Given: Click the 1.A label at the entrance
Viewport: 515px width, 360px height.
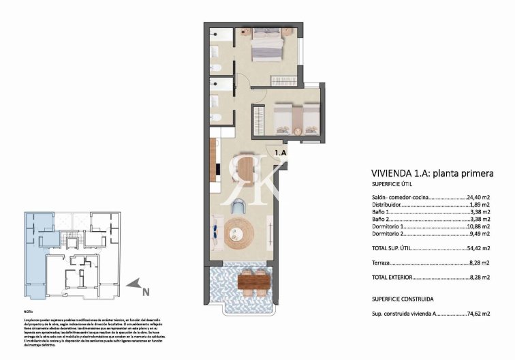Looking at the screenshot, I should (x=280, y=153).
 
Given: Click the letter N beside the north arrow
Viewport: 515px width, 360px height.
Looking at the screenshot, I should (x=144, y=295).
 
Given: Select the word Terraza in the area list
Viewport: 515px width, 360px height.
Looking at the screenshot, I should (x=382, y=262).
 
